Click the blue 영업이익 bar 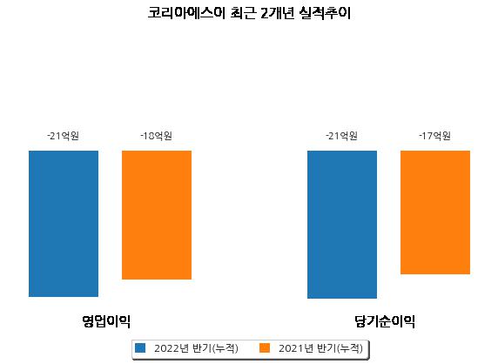click(64, 224)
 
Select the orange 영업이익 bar click(157, 215)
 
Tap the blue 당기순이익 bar click(342, 225)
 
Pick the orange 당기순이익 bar click(435, 212)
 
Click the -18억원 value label click(156, 136)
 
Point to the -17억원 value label click(434, 136)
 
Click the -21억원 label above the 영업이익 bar click(64, 136)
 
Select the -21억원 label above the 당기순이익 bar click(342, 136)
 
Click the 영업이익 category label click(106, 321)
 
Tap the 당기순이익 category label click(385, 321)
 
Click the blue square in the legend click(140, 347)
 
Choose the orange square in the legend click(265, 347)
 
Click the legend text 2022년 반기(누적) click(196, 348)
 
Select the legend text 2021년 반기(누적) click(320, 348)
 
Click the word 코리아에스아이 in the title click(186, 13)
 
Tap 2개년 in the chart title click(277, 13)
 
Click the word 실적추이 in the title click(325, 13)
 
